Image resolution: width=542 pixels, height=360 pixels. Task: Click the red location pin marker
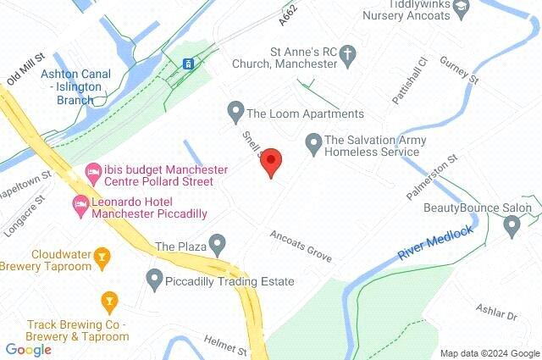click(270, 161)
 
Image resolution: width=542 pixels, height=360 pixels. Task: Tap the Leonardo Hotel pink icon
click(80, 203)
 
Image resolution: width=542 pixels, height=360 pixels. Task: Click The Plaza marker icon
click(218, 246)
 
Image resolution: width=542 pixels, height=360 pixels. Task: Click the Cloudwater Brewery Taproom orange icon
click(102, 254)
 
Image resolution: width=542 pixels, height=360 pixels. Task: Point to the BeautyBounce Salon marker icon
click(512, 225)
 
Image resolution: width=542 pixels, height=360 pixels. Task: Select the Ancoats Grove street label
click(301, 246)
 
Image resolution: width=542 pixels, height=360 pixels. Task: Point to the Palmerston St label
click(432, 176)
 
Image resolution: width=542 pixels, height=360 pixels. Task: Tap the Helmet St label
click(224, 345)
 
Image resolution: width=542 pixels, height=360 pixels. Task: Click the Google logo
click(28, 349)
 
